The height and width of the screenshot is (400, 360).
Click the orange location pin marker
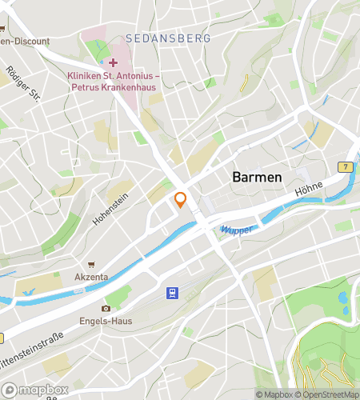pos(181,199)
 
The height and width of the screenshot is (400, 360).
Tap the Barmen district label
pos(257,177)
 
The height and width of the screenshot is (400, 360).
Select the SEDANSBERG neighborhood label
pos(167,38)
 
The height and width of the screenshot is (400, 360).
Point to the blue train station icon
pos(172,294)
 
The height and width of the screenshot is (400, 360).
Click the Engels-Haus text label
pos(106,321)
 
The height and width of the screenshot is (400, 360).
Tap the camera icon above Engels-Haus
pos(106,309)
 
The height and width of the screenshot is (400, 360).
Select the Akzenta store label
pos(91,277)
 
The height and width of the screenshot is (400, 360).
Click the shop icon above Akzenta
pos(91,265)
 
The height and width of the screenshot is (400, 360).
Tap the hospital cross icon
pos(114,62)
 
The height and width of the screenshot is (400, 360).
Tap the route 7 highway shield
pos(346,166)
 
